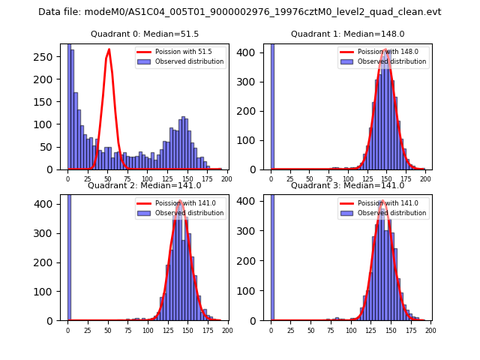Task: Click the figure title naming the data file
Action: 239,12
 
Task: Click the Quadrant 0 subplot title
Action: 144,34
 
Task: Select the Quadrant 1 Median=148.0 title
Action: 347,34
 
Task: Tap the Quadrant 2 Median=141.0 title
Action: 144,185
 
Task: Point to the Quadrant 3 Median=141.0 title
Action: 347,185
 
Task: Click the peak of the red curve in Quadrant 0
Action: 109,49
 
